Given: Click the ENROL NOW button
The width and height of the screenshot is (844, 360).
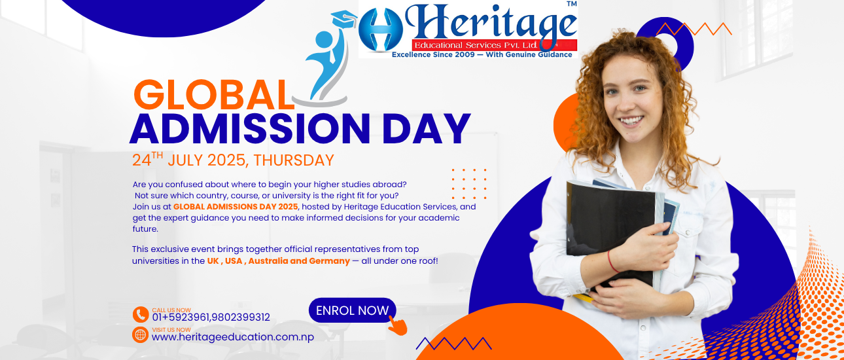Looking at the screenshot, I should coord(352,310).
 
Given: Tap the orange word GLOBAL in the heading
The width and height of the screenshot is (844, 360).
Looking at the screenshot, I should coord(213,95).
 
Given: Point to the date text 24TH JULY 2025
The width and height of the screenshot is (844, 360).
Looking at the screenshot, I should coord(189,160).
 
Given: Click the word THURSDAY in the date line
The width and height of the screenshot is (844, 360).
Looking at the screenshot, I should coord(294,160).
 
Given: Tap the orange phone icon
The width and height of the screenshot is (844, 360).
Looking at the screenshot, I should coord(141,315).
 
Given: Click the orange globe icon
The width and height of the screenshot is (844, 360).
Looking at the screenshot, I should coord(141,334).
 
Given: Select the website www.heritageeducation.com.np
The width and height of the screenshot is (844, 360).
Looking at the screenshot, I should coord(232,337).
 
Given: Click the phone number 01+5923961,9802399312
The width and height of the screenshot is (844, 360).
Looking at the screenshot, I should coord(211,317).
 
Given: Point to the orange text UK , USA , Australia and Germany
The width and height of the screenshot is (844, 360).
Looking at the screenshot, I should coord(278,261).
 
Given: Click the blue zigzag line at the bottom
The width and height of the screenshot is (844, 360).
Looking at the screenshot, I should coord(453,343).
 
